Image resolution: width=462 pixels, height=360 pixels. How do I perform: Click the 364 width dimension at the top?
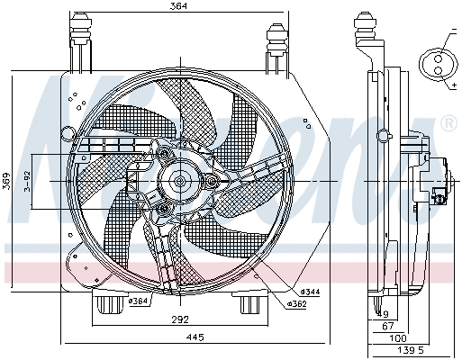click(177, 8)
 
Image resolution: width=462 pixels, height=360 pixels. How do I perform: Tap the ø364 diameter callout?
click(138, 300)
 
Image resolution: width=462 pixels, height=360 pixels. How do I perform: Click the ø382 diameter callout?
click(298, 304)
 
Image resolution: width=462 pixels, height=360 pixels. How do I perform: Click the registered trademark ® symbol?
click(447, 123)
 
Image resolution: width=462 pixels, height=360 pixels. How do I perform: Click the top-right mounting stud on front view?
click(276, 41)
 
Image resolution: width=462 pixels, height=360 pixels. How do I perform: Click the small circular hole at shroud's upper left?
click(66, 132)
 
